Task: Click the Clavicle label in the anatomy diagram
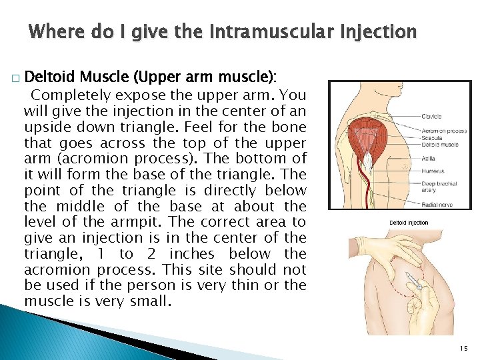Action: (x=431, y=117)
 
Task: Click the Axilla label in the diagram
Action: (x=428, y=159)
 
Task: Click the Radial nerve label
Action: (x=435, y=206)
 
